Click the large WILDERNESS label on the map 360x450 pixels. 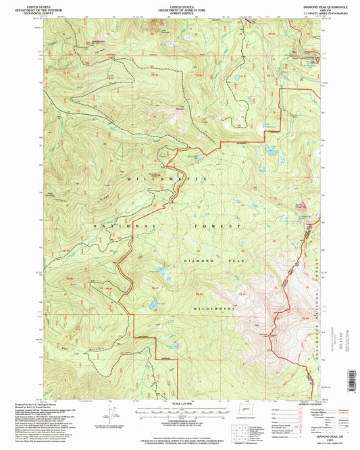click(211, 307)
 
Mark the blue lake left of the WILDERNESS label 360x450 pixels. click(155, 305)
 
